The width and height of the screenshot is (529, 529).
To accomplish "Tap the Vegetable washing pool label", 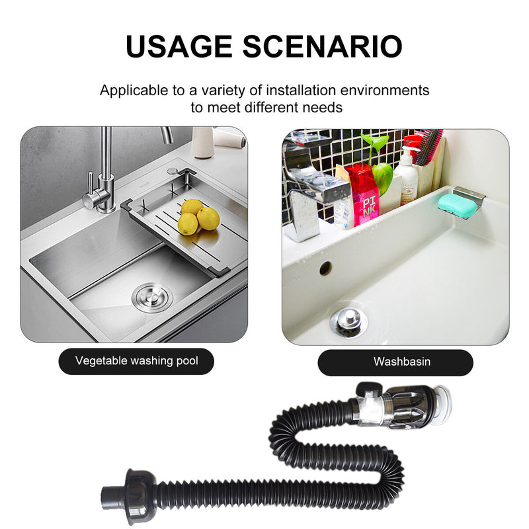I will coord(136,361).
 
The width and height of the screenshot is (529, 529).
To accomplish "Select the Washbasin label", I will coord(395,362).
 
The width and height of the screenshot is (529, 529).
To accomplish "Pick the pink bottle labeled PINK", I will coord(364,196).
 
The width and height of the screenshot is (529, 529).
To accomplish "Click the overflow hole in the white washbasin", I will coord(325,268).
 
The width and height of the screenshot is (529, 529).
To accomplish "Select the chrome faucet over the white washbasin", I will coord(309,188).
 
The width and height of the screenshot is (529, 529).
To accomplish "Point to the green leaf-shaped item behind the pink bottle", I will coord(382,175).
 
